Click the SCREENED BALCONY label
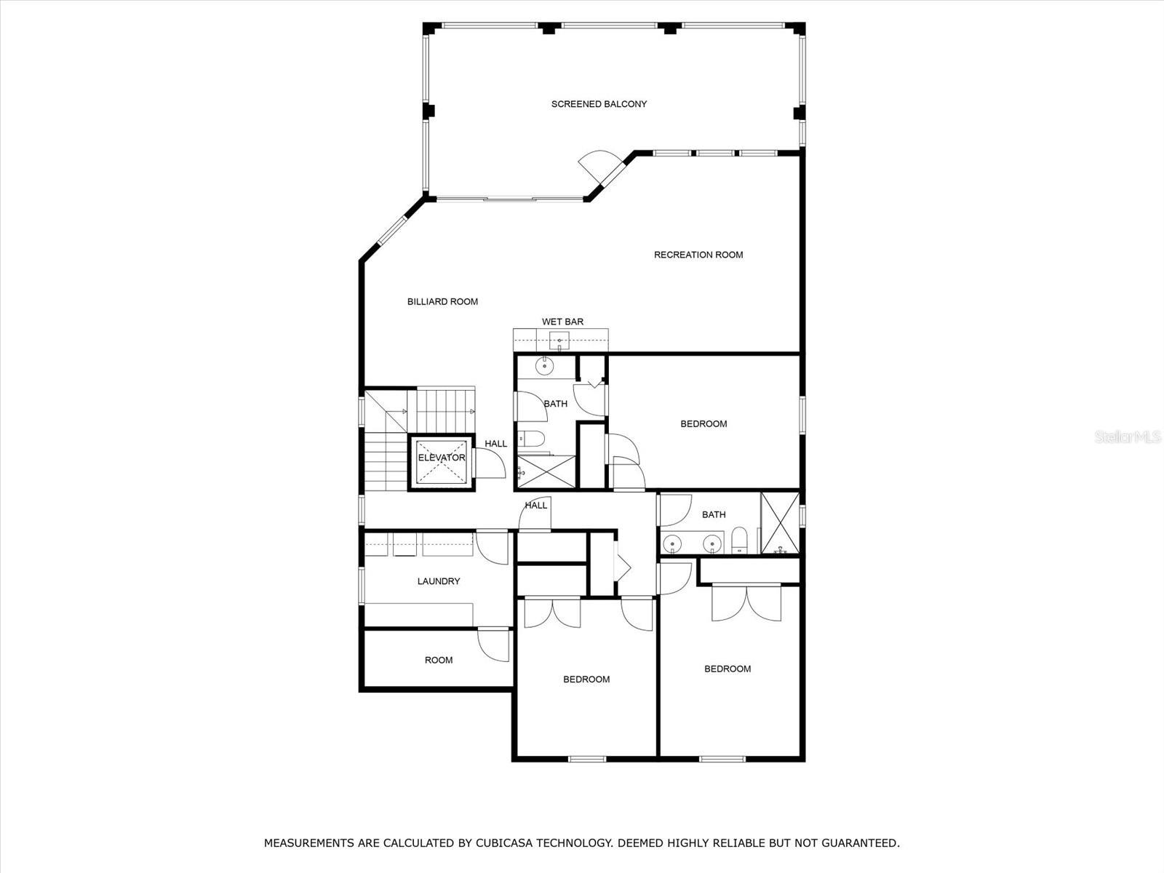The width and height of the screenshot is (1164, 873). tap(599, 105)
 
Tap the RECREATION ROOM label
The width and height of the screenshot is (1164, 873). tap(698, 255)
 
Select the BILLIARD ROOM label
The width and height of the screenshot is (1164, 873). tap(442, 302)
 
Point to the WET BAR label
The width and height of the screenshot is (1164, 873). tap(562, 322)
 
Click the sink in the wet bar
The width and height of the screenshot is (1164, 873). tap(559, 340)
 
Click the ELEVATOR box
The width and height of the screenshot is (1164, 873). tap(441, 462)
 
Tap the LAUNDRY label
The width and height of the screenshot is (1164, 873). tap(439, 581)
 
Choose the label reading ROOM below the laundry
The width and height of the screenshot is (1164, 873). tap(439, 661)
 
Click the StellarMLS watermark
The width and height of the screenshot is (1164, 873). tap(1128, 437)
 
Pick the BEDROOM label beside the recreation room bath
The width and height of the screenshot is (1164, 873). tap(703, 424)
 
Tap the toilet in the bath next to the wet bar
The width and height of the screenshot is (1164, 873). tap(531, 439)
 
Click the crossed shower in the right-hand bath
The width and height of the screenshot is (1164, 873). tap(780, 523)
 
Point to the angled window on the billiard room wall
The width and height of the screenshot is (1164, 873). tap(391, 231)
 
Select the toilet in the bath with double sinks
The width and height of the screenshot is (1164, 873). tap(738, 540)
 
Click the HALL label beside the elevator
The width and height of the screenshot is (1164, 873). tap(496, 444)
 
